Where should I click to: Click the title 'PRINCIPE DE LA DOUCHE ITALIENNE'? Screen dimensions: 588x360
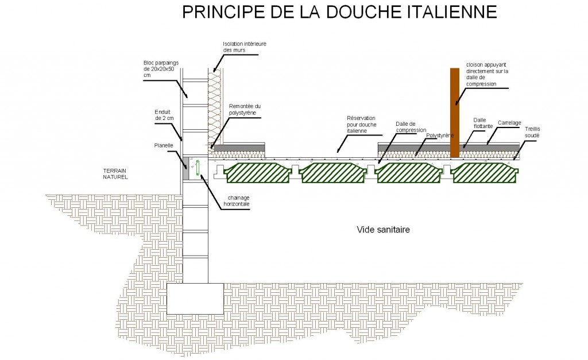(x=339, y=12)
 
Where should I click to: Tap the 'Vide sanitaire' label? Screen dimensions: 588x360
(x=383, y=230)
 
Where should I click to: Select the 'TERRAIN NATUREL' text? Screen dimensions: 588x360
(x=115, y=173)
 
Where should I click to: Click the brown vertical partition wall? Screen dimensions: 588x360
(x=455, y=113)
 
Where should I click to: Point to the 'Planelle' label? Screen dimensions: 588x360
(x=164, y=145)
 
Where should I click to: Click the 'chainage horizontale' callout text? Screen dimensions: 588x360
(x=237, y=201)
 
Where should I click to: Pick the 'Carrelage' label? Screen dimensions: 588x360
(x=509, y=123)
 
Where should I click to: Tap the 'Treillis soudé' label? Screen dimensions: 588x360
(x=532, y=132)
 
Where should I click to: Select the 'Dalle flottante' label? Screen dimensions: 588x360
(x=483, y=123)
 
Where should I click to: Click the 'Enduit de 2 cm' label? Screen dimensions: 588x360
(x=164, y=115)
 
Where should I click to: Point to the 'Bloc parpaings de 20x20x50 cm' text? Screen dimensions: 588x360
(x=161, y=69)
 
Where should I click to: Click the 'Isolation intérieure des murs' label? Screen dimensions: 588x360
(x=245, y=47)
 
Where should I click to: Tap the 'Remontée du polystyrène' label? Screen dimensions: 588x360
(x=245, y=110)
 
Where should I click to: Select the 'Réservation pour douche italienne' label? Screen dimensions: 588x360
(x=362, y=125)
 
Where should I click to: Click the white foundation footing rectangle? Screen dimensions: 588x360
(x=195, y=299)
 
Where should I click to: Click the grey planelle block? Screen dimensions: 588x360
(x=186, y=168)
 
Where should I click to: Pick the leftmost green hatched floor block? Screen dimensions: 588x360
(x=258, y=173)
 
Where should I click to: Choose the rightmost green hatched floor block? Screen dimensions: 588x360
(x=485, y=173)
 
